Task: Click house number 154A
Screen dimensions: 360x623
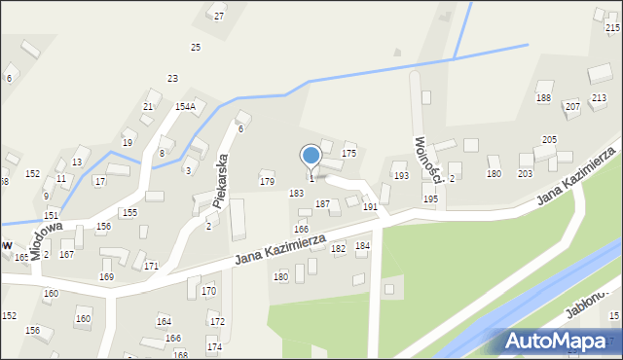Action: tap(185, 106)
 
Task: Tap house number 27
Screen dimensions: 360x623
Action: tap(219, 17)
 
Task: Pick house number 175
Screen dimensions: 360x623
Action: tap(348, 154)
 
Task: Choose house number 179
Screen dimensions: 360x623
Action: tap(267, 181)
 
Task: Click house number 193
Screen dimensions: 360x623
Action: tap(401, 175)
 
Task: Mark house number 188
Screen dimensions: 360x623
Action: tap(543, 98)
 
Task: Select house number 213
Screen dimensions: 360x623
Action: tap(599, 97)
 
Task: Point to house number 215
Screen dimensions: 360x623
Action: tap(612, 29)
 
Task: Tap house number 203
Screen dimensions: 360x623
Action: tap(525, 173)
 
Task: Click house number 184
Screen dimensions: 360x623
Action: tap(362, 246)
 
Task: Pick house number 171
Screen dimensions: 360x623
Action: tap(151, 266)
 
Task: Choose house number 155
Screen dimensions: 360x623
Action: tap(128, 212)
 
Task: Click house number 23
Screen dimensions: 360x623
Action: tap(172, 78)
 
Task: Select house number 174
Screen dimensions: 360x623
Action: tap(213, 347)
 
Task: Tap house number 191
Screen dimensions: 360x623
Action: tap(370, 207)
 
